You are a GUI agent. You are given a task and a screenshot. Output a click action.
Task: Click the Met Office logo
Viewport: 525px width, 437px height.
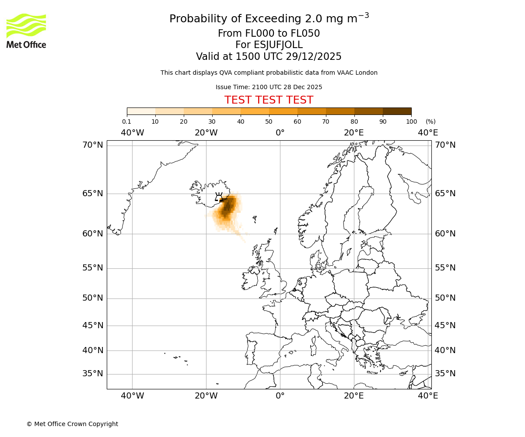pyautogui.click(x=26, y=31)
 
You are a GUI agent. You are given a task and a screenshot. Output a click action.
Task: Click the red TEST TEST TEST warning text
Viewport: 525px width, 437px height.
pyautogui.click(x=269, y=100)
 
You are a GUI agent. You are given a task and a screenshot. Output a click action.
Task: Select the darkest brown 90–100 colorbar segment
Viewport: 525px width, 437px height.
pyautogui.click(x=397, y=111)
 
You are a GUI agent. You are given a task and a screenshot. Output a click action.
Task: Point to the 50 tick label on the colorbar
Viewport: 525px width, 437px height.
pyautogui.click(x=269, y=121)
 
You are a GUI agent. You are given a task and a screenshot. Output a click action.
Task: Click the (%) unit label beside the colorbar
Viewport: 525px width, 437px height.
pyautogui.click(x=430, y=121)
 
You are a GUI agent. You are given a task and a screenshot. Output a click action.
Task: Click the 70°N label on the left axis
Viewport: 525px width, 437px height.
pyautogui.click(x=93, y=145)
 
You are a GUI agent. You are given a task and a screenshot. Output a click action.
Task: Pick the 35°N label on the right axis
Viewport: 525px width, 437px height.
pyautogui.click(x=445, y=374)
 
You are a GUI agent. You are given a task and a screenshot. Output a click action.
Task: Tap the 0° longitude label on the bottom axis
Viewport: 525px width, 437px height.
pyautogui.click(x=280, y=395)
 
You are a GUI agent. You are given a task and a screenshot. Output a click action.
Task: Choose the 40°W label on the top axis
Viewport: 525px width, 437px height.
pyautogui.click(x=132, y=132)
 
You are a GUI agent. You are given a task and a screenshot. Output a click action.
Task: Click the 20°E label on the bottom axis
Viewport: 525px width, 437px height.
pyautogui.click(x=353, y=395)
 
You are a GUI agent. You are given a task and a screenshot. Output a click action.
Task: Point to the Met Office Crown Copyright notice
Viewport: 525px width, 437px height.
pyautogui.click(x=72, y=424)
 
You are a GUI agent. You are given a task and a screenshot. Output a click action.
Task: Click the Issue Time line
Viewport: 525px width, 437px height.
pyautogui.click(x=269, y=87)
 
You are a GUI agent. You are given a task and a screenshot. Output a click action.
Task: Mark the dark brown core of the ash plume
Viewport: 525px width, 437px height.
pyautogui.click(x=227, y=208)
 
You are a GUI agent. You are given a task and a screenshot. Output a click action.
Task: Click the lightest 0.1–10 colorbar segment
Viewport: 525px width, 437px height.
pyautogui.click(x=141, y=111)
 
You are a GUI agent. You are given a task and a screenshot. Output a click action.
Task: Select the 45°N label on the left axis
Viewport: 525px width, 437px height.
pyautogui.click(x=93, y=326)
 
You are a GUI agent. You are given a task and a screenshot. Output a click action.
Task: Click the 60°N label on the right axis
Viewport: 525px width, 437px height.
pyautogui.click(x=445, y=233)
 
